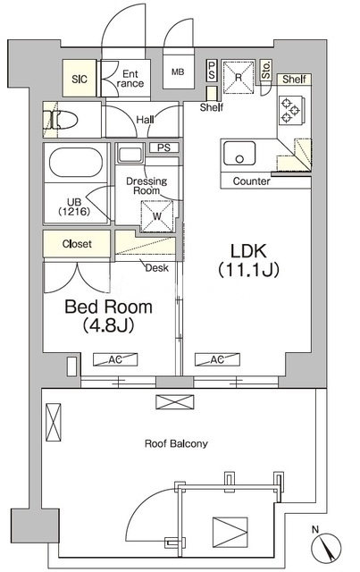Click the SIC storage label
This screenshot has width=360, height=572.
point(79,78)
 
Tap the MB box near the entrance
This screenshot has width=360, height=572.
point(177,73)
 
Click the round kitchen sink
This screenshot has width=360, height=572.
point(239,156)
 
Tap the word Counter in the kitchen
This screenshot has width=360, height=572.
point(251,181)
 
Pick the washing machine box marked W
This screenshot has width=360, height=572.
point(157,214)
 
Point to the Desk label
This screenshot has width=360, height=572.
point(158,266)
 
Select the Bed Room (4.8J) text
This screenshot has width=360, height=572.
point(107,315)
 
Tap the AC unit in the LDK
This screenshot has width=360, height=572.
point(216,360)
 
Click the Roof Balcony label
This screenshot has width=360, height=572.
point(176,443)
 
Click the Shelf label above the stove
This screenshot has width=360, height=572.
point(294,80)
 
